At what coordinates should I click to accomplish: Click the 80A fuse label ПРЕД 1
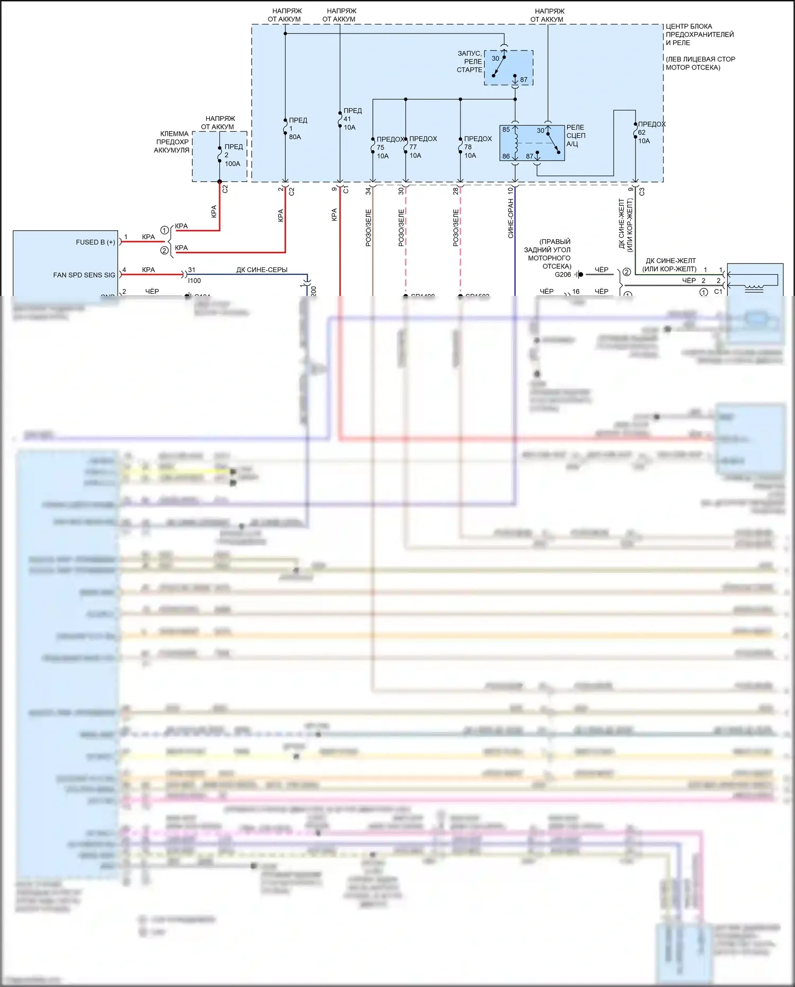coord(297,128)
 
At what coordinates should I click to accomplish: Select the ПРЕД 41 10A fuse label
coord(352,119)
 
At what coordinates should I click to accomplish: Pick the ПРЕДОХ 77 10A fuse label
coord(422,147)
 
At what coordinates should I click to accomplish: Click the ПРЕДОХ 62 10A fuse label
coord(650,132)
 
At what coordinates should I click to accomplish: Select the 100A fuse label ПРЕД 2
coord(233,155)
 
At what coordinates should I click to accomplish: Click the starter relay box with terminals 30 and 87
coord(508,68)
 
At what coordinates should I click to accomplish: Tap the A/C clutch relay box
coord(532,143)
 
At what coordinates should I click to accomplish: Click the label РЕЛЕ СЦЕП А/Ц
coord(576,135)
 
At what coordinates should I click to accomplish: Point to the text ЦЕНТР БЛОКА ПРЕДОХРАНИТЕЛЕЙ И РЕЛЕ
coord(699,34)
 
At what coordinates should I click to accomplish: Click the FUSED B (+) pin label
coord(95,242)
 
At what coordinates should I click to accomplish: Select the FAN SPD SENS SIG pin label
coord(84,275)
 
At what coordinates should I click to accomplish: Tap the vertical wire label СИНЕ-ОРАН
coord(510,218)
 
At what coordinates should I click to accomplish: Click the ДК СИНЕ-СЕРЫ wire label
coord(262,270)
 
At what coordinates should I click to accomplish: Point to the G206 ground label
coord(562,275)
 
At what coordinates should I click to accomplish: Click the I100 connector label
coord(195,281)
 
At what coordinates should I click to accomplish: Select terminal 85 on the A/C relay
coord(506,130)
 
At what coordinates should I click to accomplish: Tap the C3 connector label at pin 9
coord(642,191)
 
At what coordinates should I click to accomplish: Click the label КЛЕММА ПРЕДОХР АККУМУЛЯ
coord(172,142)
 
